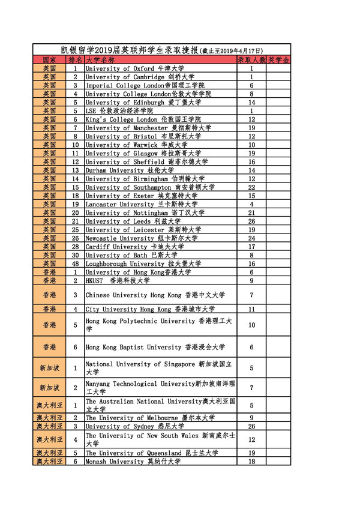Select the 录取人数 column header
tap(251, 61)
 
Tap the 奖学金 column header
tap(278, 61)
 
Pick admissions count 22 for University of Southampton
tap(251, 187)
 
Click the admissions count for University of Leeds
tap(251, 221)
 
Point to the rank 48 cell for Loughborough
tap(76, 264)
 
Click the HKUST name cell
tap(118, 280)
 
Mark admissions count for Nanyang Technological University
tap(251, 388)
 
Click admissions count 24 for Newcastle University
tap(251, 238)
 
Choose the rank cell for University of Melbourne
tap(76, 418)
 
